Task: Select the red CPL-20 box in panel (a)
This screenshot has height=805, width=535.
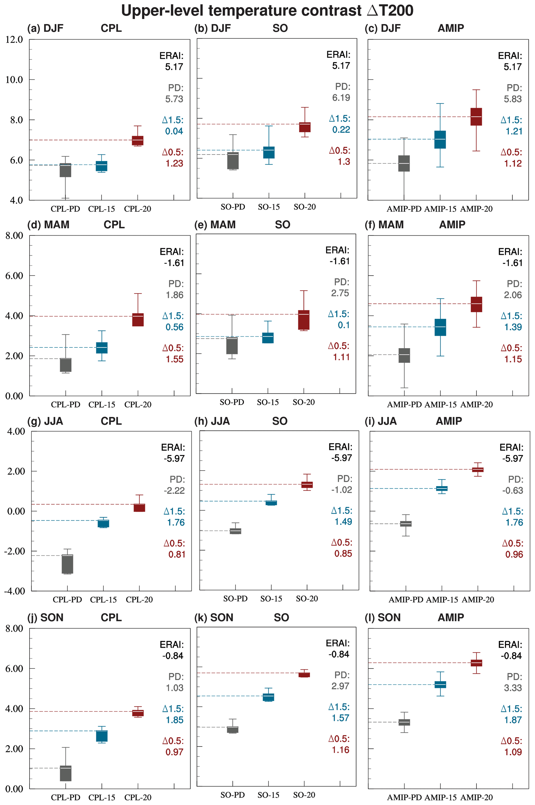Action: pos(137,140)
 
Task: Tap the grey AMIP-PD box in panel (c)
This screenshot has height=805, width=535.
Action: pos(404,163)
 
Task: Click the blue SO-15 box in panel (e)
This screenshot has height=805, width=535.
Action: pos(268,338)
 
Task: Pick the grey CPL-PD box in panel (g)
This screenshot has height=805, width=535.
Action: pos(67,564)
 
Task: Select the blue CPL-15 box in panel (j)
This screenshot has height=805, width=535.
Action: pos(102,736)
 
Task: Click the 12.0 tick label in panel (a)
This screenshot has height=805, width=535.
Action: pos(14,40)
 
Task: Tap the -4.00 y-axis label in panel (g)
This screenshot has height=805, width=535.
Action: pos(14,591)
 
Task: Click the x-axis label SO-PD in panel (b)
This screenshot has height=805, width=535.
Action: pos(233,207)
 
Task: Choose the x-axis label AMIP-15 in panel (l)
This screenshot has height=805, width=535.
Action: pos(441,797)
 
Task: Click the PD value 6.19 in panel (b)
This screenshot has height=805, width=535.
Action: pos(341,98)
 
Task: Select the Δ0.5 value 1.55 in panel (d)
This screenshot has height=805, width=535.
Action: pos(174,359)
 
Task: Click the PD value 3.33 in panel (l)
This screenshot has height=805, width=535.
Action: pos(513,688)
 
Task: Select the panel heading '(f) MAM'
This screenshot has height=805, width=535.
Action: pos(384,225)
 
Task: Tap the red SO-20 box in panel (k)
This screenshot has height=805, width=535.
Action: pos(304,675)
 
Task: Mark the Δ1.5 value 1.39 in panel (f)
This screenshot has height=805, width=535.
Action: pos(513,327)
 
